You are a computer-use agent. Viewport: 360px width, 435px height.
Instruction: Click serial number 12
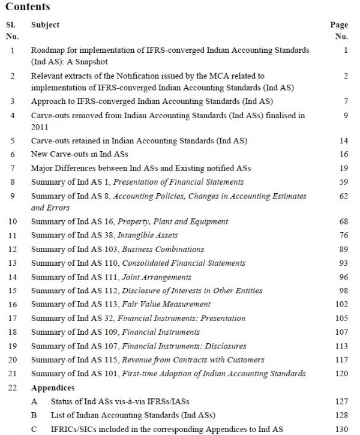[x=12, y=250]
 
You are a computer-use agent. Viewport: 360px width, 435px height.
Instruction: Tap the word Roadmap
[x=49, y=51]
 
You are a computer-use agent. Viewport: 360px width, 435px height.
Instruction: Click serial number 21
[x=12, y=373]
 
